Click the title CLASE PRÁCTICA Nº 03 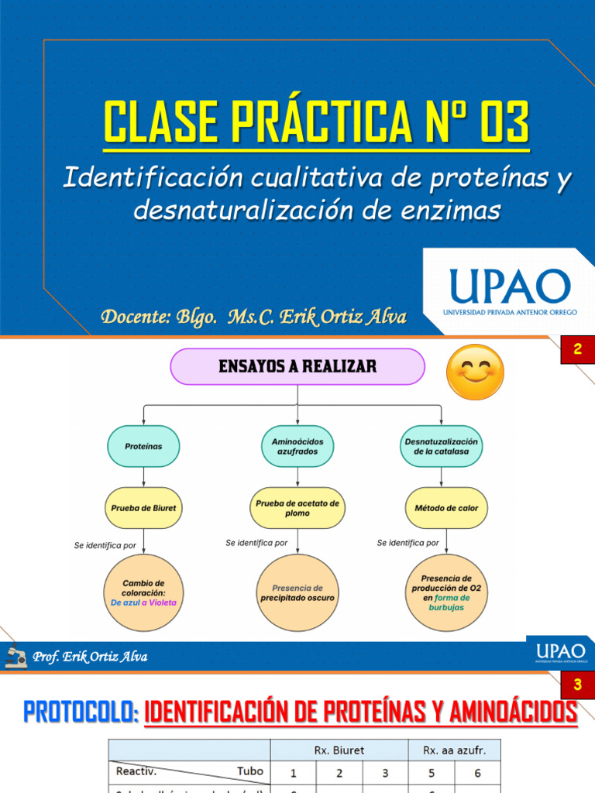(x=317, y=122)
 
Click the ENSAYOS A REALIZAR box (x=297, y=366)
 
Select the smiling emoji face (x=475, y=372)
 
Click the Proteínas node (x=143, y=446)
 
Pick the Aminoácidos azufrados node (x=297, y=446)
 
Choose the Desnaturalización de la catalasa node (x=442, y=446)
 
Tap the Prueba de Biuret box (x=143, y=508)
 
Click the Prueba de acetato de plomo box (x=297, y=508)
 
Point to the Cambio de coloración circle (x=143, y=592)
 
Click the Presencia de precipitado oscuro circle (x=297, y=592)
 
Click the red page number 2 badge (x=577, y=350)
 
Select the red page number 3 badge (x=577, y=685)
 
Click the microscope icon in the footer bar (x=15, y=656)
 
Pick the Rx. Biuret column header (x=339, y=750)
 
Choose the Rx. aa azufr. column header (x=454, y=750)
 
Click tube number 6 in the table (x=477, y=772)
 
